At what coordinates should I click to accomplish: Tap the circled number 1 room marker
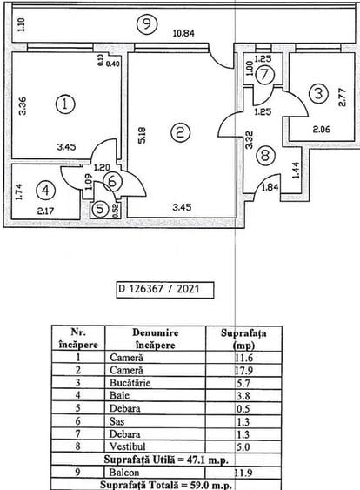(x=65, y=104)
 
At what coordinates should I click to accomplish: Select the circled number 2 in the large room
(x=180, y=132)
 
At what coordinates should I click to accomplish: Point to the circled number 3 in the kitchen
(x=319, y=92)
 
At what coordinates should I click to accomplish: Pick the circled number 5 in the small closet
(x=102, y=208)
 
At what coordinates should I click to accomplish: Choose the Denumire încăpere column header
(x=157, y=338)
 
